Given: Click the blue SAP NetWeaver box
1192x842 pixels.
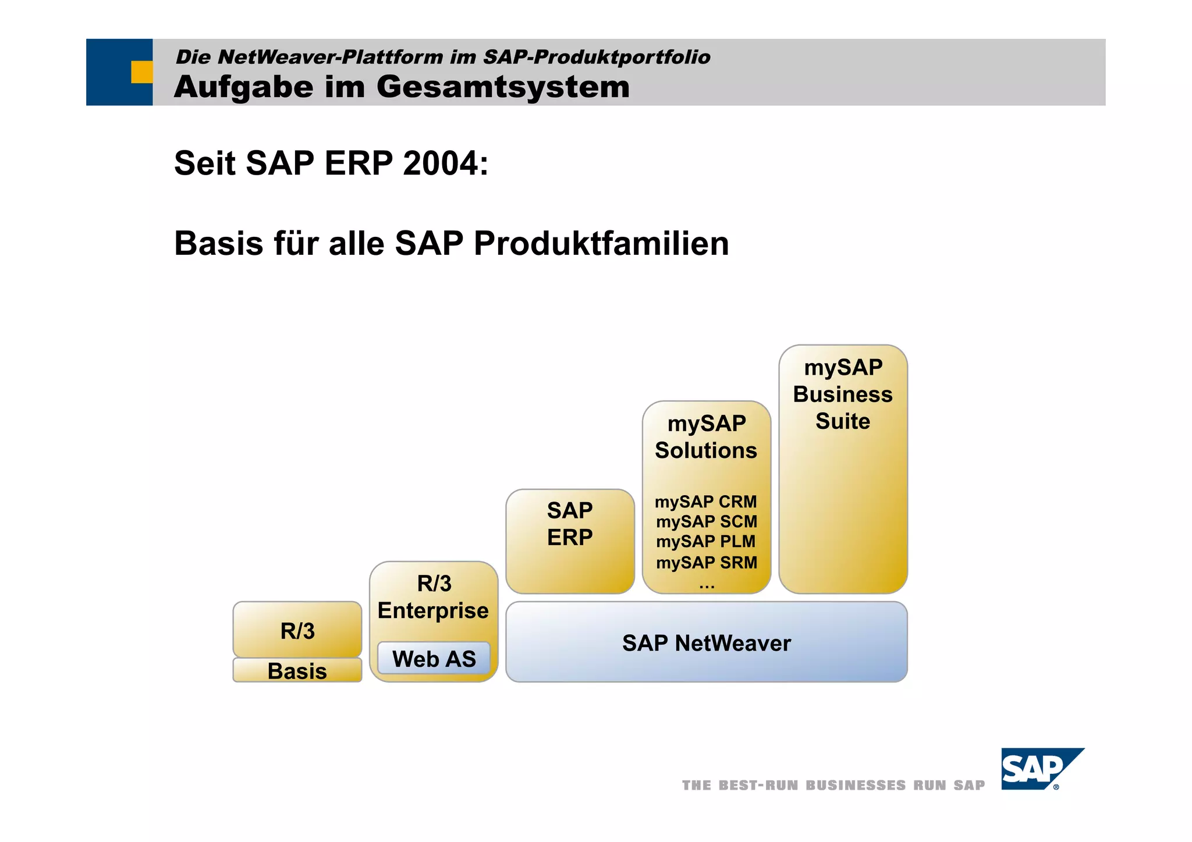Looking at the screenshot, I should tap(706, 642).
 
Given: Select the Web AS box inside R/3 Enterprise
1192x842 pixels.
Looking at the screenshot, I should tap(434, 659).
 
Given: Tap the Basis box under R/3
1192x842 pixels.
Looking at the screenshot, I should tap(297, 670).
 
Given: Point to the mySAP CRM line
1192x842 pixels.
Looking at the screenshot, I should tap(705, 501).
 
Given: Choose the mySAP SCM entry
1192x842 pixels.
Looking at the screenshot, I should tap(706, 521).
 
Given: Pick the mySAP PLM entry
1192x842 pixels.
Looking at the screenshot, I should tap(705, 541).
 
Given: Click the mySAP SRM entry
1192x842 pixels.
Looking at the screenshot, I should tap(706, 562).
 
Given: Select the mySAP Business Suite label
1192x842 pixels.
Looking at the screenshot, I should tap(843, 394).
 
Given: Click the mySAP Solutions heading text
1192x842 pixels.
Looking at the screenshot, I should tap(706, 436).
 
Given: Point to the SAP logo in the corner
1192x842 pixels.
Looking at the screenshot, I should tap(1041, 769).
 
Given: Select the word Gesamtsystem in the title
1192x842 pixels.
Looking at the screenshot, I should tap(503, 87).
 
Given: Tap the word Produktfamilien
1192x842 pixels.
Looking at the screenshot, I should tap(601, 243).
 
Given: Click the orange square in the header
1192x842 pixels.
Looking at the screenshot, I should tap(141, 72).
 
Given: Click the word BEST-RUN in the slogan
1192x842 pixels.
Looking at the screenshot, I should tap(758, 785).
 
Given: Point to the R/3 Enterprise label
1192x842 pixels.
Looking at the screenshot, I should tap(434, 596).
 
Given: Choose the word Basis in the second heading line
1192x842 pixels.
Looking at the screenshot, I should tap(218, 243).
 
